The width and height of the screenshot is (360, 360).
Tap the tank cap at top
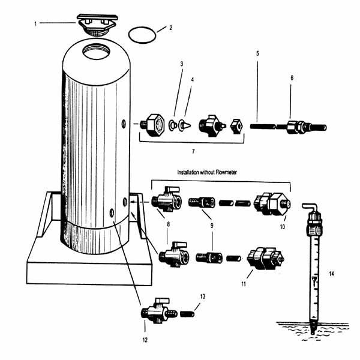pyautogui.click(x=94, y=25)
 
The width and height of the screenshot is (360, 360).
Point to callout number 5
pyautogui.click(x=257, y=53)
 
